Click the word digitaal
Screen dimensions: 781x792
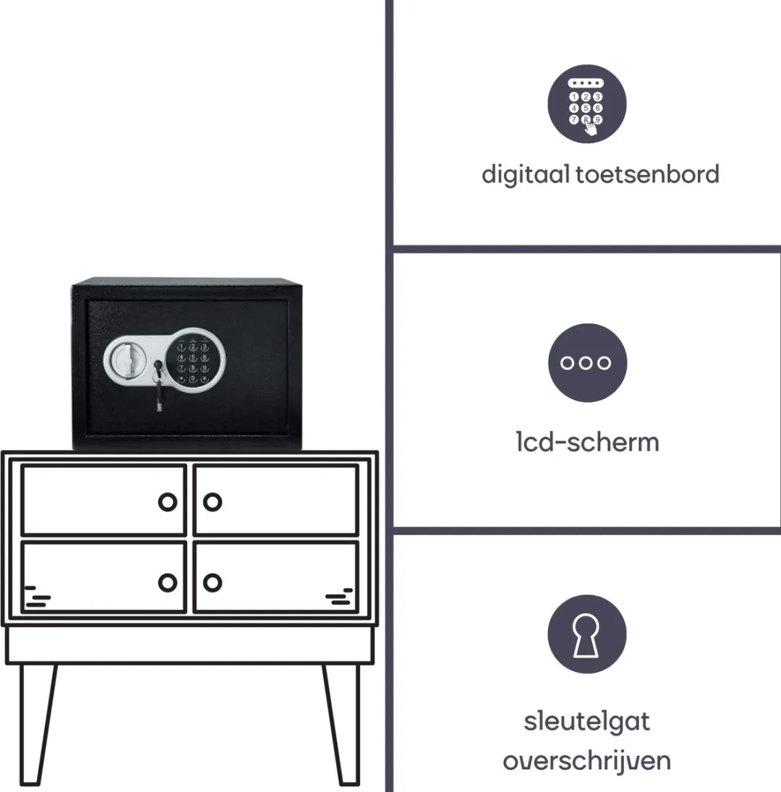point(526,175)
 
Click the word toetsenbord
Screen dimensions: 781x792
point(647,174)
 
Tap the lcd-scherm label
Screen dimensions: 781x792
point(587,442)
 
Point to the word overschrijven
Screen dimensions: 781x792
point(586,761)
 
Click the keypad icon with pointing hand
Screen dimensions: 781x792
point(586,103)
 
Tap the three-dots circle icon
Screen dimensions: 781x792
point(587,362)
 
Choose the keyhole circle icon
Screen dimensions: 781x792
point(586,634)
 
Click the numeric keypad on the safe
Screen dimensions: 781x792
point(193,360)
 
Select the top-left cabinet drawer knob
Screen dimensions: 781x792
point(168,502)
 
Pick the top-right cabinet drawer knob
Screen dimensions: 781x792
point(213,502)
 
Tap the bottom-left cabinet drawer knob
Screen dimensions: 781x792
point(168,582)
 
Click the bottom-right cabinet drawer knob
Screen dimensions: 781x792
point(213,582)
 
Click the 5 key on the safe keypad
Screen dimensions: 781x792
point(193,358)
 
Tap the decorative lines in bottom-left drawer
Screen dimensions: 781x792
point(38,597)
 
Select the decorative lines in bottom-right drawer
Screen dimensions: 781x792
point(339,597)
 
